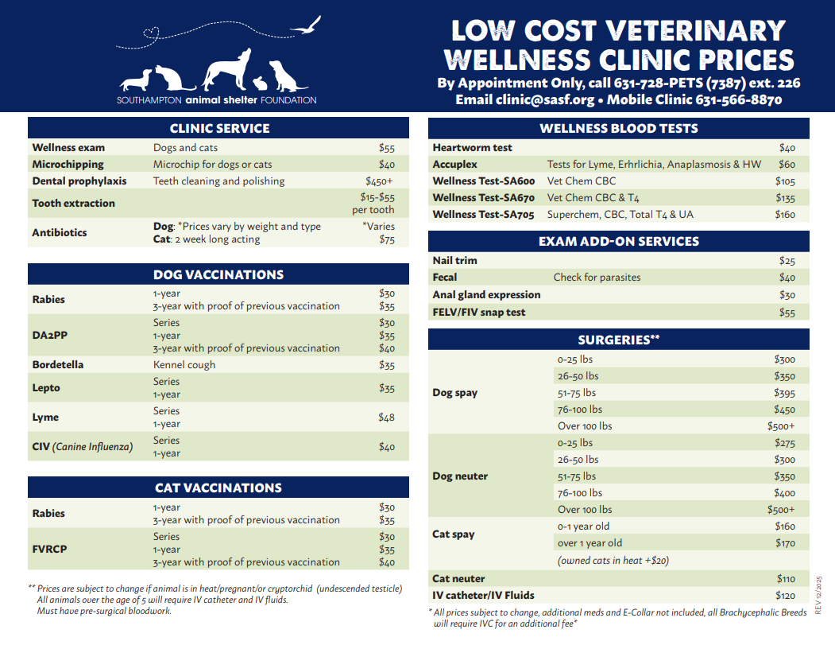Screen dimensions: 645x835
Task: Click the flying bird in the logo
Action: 307,26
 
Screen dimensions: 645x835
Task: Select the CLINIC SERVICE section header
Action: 219,128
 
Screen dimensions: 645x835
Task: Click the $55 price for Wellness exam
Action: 387,148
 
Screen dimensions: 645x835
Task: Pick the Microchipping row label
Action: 68,165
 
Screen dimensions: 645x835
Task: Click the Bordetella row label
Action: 57,365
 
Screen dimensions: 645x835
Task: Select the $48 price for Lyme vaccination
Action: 387,418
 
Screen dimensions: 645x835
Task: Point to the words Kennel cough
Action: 184,365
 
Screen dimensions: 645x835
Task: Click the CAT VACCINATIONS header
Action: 218,488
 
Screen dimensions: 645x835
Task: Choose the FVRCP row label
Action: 51,549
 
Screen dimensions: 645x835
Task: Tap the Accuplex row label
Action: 454,165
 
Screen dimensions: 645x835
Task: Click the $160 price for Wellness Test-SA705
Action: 785,215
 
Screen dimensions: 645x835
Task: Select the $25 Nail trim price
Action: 787,261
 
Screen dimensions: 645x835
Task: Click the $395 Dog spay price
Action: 784,393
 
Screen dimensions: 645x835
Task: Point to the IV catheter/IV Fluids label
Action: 483,595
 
